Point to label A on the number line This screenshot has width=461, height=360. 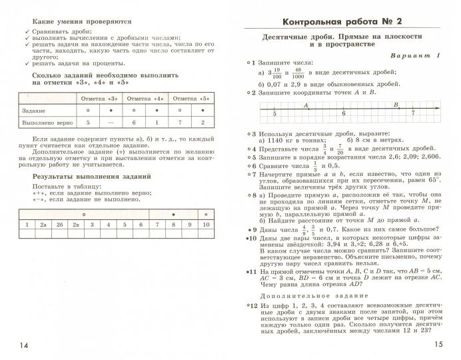pos(306,105)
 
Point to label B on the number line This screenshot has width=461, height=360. pos(396,105)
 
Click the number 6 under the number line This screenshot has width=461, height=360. pos(344,115)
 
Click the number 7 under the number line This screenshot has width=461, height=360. pos(413,115)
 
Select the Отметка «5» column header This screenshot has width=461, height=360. pos(191,98)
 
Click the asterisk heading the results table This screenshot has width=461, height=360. pos(206,214)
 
